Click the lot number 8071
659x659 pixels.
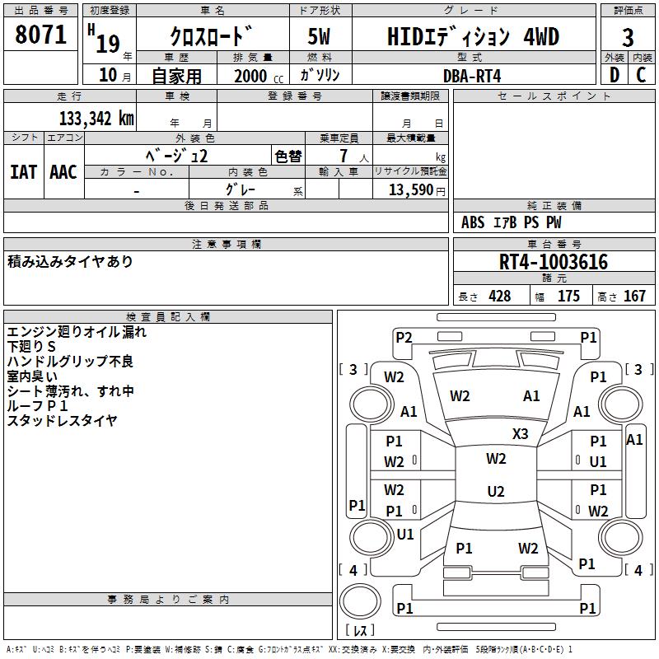click(40, 35)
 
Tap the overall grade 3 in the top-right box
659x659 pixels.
click(628, 38)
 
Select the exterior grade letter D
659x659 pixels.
click(615, 75)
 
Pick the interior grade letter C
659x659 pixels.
click(641, 75)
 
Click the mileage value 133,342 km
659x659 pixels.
click(96, 119)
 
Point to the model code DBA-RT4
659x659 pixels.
click(472, 76)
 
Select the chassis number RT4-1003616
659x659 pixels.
click(553, 262)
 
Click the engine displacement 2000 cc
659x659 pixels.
click(259, 77)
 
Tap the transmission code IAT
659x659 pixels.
click(24, 172)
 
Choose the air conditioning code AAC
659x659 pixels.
click(63, 172)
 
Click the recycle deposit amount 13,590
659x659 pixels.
click(410, 190)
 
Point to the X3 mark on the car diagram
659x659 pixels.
click(520, 434)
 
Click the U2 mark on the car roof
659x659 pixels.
click(496, 491)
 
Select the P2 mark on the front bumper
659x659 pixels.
click(404, 338)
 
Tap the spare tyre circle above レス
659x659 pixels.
click(360, 601)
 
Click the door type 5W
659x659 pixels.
click(319, 36)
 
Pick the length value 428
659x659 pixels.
click(500, 297)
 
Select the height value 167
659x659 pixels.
click(634, 297)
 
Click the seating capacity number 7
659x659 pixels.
click(344, 156)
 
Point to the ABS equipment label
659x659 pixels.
click(473, 222)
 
